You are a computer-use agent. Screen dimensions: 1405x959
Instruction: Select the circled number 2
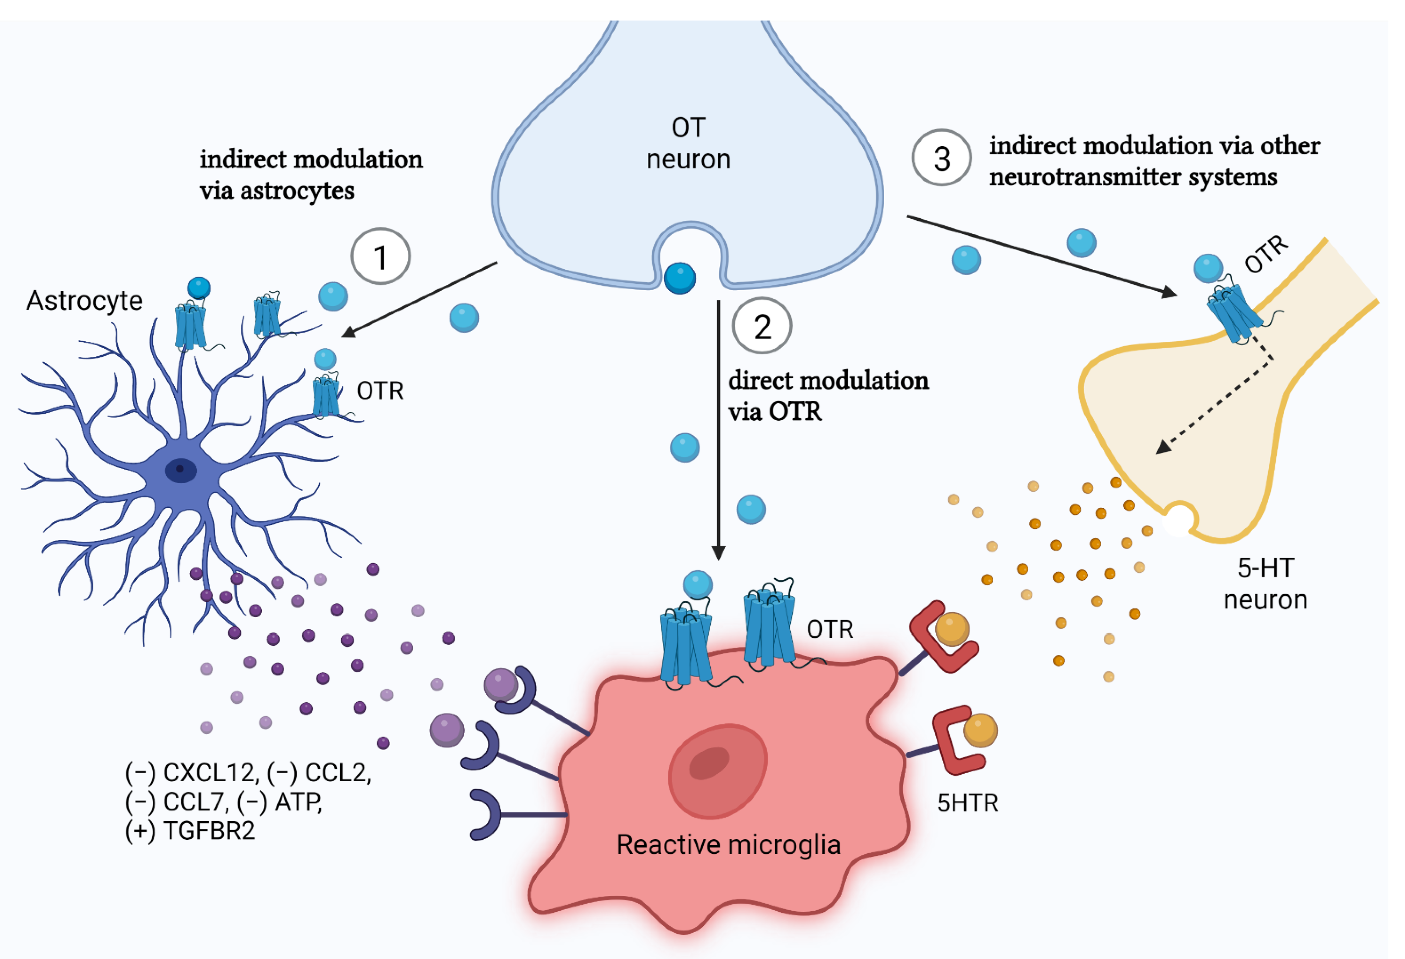[762, 326]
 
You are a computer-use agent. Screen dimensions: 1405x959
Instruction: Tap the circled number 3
[941, 158]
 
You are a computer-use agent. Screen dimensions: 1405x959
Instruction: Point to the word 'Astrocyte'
[85, 301]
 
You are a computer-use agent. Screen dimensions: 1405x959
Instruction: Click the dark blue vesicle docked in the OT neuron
[679, 278]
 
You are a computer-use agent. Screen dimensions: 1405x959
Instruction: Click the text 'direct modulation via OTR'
[828, 396]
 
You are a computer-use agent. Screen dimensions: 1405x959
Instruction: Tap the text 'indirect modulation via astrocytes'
[311, 175]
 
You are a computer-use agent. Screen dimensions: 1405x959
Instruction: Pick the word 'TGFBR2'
[209, 831]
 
